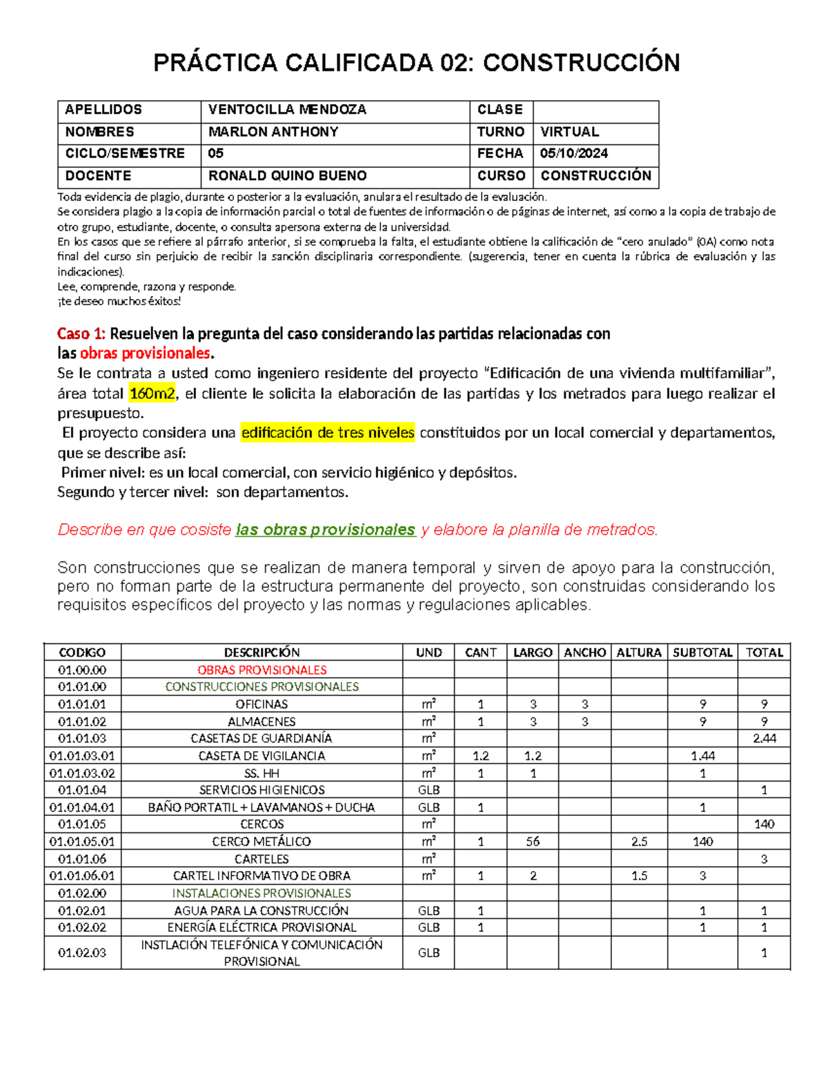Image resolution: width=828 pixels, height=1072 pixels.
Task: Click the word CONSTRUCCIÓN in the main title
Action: (x=581, y=63)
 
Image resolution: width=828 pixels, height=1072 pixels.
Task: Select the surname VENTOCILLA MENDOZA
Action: (x=287, y=110)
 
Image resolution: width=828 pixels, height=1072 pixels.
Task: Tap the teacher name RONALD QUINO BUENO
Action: (x=287, y=176)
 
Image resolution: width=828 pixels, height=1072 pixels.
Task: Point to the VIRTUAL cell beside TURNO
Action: (x=569, y=132)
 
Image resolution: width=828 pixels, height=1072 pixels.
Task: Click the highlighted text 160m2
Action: (x=152, y=394)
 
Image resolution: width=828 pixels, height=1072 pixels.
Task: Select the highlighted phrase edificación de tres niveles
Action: (x=328, y=433)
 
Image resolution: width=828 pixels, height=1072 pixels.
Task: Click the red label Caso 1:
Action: (x=81, y=334)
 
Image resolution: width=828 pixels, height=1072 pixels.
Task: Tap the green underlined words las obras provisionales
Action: (x=325, y=530)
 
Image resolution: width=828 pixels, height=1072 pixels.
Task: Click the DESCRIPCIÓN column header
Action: (x=262, y=652)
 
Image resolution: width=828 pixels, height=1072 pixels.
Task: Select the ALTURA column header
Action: (x=638, y=652)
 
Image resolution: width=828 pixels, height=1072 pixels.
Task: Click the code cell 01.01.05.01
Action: (x=82, y=841)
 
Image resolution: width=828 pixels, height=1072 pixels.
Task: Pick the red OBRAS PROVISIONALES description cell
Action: (x=262, y=670)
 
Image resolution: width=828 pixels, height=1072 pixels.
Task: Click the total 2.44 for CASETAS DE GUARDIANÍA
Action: (x=764, y=738)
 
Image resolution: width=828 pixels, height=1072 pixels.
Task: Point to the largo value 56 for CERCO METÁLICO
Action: (x=532, y=841)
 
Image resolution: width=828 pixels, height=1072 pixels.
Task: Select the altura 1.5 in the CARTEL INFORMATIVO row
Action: (x=638, y=875)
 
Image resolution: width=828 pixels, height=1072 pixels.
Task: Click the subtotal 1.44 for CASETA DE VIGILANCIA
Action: (x=702, y=756)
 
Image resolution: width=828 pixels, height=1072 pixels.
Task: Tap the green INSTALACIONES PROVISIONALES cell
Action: (x=262, y=893)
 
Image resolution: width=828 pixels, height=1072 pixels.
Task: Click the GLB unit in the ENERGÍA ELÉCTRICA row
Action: (x=428, y=927)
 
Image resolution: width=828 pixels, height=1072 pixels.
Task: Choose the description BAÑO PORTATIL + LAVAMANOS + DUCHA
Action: (x=262, y=807)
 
